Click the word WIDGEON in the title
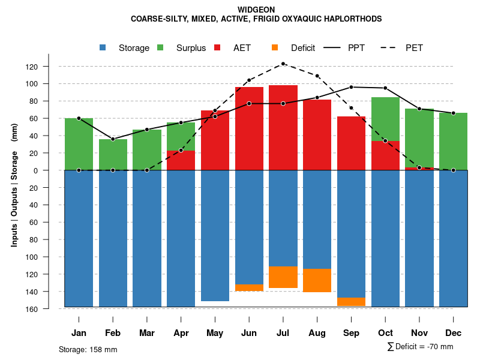[256, 10]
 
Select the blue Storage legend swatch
[103, 47]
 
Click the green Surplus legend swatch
[160, 47]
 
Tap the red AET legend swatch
[218, 47]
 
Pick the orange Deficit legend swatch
[275, 47]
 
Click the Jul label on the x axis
[283, 333]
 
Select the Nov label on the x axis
[419, 333]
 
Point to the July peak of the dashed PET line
[283, 64]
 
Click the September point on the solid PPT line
[351, 87]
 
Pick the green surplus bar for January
[79, 144]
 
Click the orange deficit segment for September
[351, 301]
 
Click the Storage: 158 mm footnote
[88, 349]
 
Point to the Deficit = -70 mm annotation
[421, 346]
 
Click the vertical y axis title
[14, 184]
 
